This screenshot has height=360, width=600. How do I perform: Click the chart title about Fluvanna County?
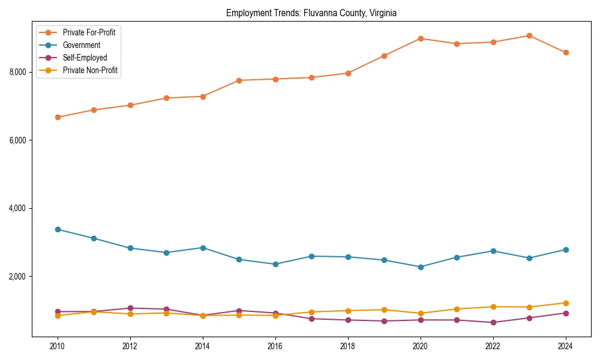(311, 13)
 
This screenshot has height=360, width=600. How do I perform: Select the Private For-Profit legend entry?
(89, 32)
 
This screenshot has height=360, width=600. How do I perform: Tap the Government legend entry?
(81, 45)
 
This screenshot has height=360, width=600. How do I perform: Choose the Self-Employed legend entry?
(85, 58)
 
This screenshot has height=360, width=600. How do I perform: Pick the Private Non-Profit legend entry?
(90, 71)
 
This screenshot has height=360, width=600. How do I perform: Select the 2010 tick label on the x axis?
(58, 346)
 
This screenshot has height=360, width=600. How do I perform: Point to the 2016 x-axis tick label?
(275, 346)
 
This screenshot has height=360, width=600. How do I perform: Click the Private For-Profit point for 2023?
(529, 35)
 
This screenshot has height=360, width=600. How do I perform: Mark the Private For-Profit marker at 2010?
(58, 117)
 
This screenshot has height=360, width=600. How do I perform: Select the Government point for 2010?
(58, 229)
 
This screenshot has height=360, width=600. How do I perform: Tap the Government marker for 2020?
(421, 267)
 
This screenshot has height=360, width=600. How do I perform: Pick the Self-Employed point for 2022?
(493, 322)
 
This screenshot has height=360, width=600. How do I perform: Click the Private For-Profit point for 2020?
(421, 38)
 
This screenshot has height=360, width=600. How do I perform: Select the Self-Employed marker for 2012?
(130, 308)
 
